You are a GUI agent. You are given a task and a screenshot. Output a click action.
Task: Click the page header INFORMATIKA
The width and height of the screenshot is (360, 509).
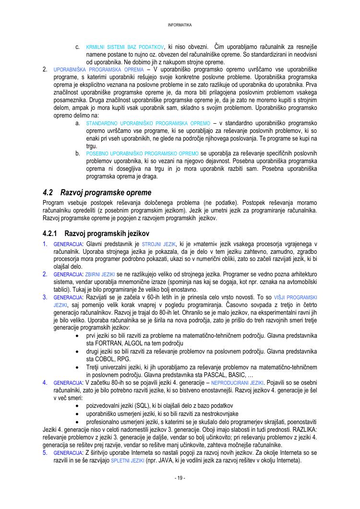coord(180,24)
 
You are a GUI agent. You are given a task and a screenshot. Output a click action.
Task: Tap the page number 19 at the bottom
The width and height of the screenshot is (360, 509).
coord(180,478)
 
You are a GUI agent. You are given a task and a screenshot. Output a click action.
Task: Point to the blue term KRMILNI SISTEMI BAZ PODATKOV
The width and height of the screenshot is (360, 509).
coord(125,47)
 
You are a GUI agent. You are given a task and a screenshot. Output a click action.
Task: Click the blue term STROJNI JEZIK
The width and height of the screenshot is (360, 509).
coord(159,244)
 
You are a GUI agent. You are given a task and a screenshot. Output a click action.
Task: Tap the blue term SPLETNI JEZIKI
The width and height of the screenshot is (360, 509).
coord(127,461)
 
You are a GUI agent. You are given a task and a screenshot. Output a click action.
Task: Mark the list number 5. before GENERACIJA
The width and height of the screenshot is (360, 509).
coord(45,452)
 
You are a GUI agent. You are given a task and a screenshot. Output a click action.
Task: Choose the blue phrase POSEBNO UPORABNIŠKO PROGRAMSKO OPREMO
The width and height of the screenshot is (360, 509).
coord(143,154)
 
